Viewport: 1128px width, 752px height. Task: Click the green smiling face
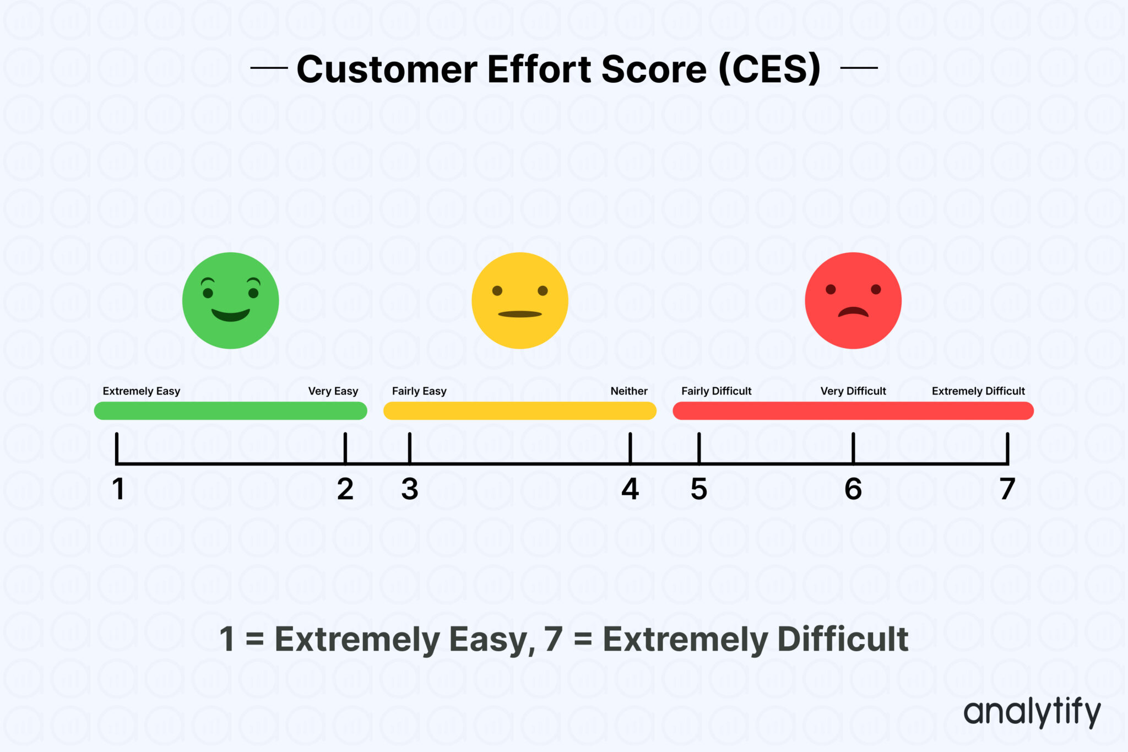pyautogui.click(x=230, y=300)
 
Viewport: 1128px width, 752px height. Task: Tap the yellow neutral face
pyautogui.click(x=519, y=300)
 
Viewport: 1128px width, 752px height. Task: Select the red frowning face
pyautogui.click(x=853, y=300)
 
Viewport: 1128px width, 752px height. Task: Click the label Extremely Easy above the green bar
pyautogui.click(x=141, y=391)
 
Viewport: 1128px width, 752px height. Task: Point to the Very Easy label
pyautogui.click(x=333, y=391)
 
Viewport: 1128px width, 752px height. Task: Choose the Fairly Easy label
pyautogui.click(x=419, y=391)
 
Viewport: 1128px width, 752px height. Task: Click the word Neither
pyautogui.click(x=628, y=391)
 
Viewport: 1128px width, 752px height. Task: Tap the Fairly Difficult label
pyautogui.click(x=716, y=391)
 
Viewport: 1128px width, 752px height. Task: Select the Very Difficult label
pyautogui.click(x=853, y=391)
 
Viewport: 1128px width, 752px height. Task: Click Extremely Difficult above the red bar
pyautogui.click(x=978, y=391)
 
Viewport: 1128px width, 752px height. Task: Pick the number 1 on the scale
pyautogui.click(x=118, y=489)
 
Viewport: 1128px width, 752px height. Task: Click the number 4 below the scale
pyautogui.click(x=630, y=489)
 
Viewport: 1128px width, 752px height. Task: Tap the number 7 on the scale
pyautogui.click(x=1007, y=489)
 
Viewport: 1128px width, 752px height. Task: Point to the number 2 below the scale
pyautogui.click(x=345, y=489)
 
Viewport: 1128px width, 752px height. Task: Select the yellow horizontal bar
pyautogui.click(x=519, y=411)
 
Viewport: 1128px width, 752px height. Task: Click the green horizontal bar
pyautogui.click(x=230, y=411)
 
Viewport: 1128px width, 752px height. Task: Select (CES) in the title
pyautogui.click(x=769, y=69)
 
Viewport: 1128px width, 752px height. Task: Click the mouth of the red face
pyautogui.click(x=853, y=312)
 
